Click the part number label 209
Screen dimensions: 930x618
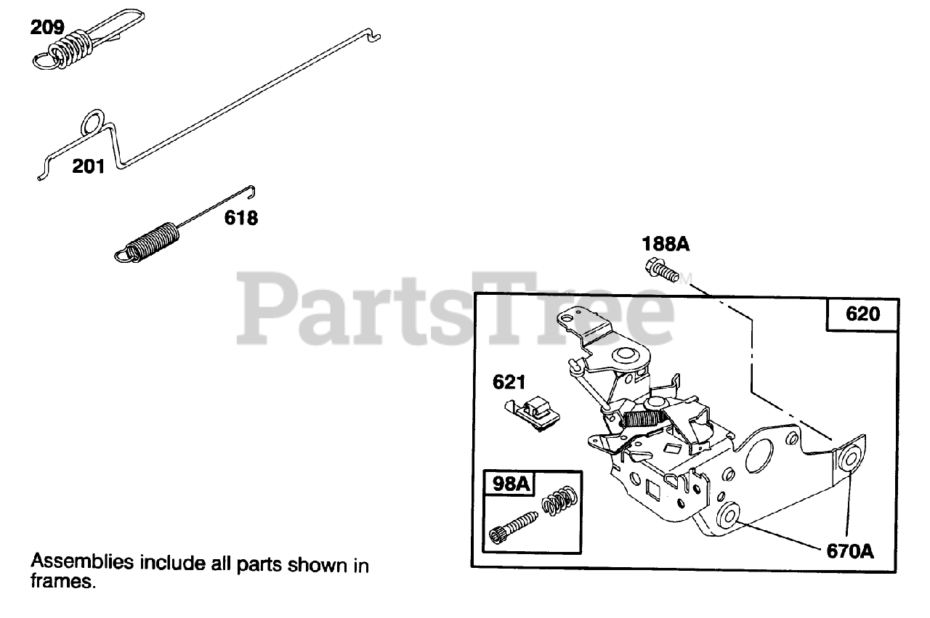coord(46,28)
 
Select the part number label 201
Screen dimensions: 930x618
coord(88,166)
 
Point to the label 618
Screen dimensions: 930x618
coord(240,217)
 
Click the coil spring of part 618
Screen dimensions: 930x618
coord(151,242)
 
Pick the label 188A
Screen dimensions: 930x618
coord(665,244)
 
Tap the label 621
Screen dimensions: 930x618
coord(509,381)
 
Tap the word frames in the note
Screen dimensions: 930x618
coord(61,581)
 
